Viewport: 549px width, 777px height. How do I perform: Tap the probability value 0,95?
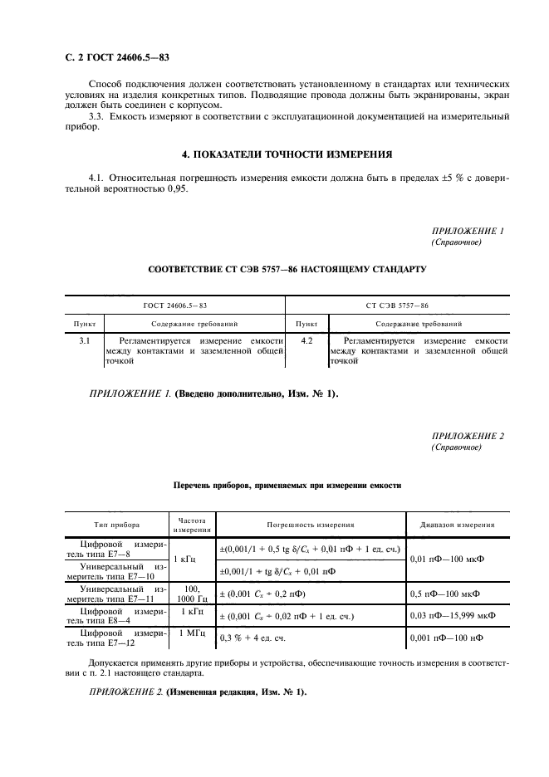click(176, 189)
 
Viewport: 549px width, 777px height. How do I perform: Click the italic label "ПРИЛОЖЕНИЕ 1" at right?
click(468, 231)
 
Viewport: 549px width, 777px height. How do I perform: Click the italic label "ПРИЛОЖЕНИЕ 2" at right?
click(468, 436)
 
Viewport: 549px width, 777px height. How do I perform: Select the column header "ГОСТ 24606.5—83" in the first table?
click(175, 306)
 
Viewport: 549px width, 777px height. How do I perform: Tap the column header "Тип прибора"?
click(115, 525)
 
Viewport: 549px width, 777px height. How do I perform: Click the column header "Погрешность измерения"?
click(310, 525)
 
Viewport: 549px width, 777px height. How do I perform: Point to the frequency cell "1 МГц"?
click(192, 632)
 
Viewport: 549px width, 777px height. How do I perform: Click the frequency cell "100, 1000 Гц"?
click(192, 593)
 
